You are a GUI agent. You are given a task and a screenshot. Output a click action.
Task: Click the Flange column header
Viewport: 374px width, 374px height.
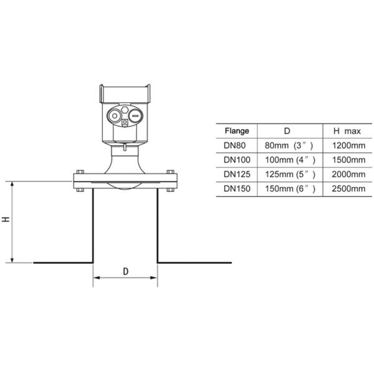coord(237,132)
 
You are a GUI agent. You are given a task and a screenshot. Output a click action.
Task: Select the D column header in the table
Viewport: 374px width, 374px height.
coord(287,132)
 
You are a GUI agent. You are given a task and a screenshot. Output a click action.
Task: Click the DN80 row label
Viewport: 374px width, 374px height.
coord(237,146)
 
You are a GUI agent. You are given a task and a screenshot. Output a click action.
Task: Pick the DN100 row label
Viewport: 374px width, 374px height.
coord(237,160)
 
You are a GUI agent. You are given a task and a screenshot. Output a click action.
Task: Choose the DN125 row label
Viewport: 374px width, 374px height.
coord(237,174)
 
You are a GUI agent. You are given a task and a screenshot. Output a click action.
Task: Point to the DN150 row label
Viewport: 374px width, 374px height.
coord(237,188)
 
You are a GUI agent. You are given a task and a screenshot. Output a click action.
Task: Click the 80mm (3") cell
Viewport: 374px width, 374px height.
coord(287,146)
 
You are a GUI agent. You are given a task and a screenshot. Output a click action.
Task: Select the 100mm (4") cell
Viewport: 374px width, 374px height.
coord(287,160)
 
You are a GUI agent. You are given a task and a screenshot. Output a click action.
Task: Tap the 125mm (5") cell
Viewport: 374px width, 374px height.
coord(287,174)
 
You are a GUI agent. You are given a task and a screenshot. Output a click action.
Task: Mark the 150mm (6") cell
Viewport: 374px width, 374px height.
coord(287,188)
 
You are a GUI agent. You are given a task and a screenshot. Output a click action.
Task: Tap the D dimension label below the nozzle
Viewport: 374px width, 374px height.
coord(125,272)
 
